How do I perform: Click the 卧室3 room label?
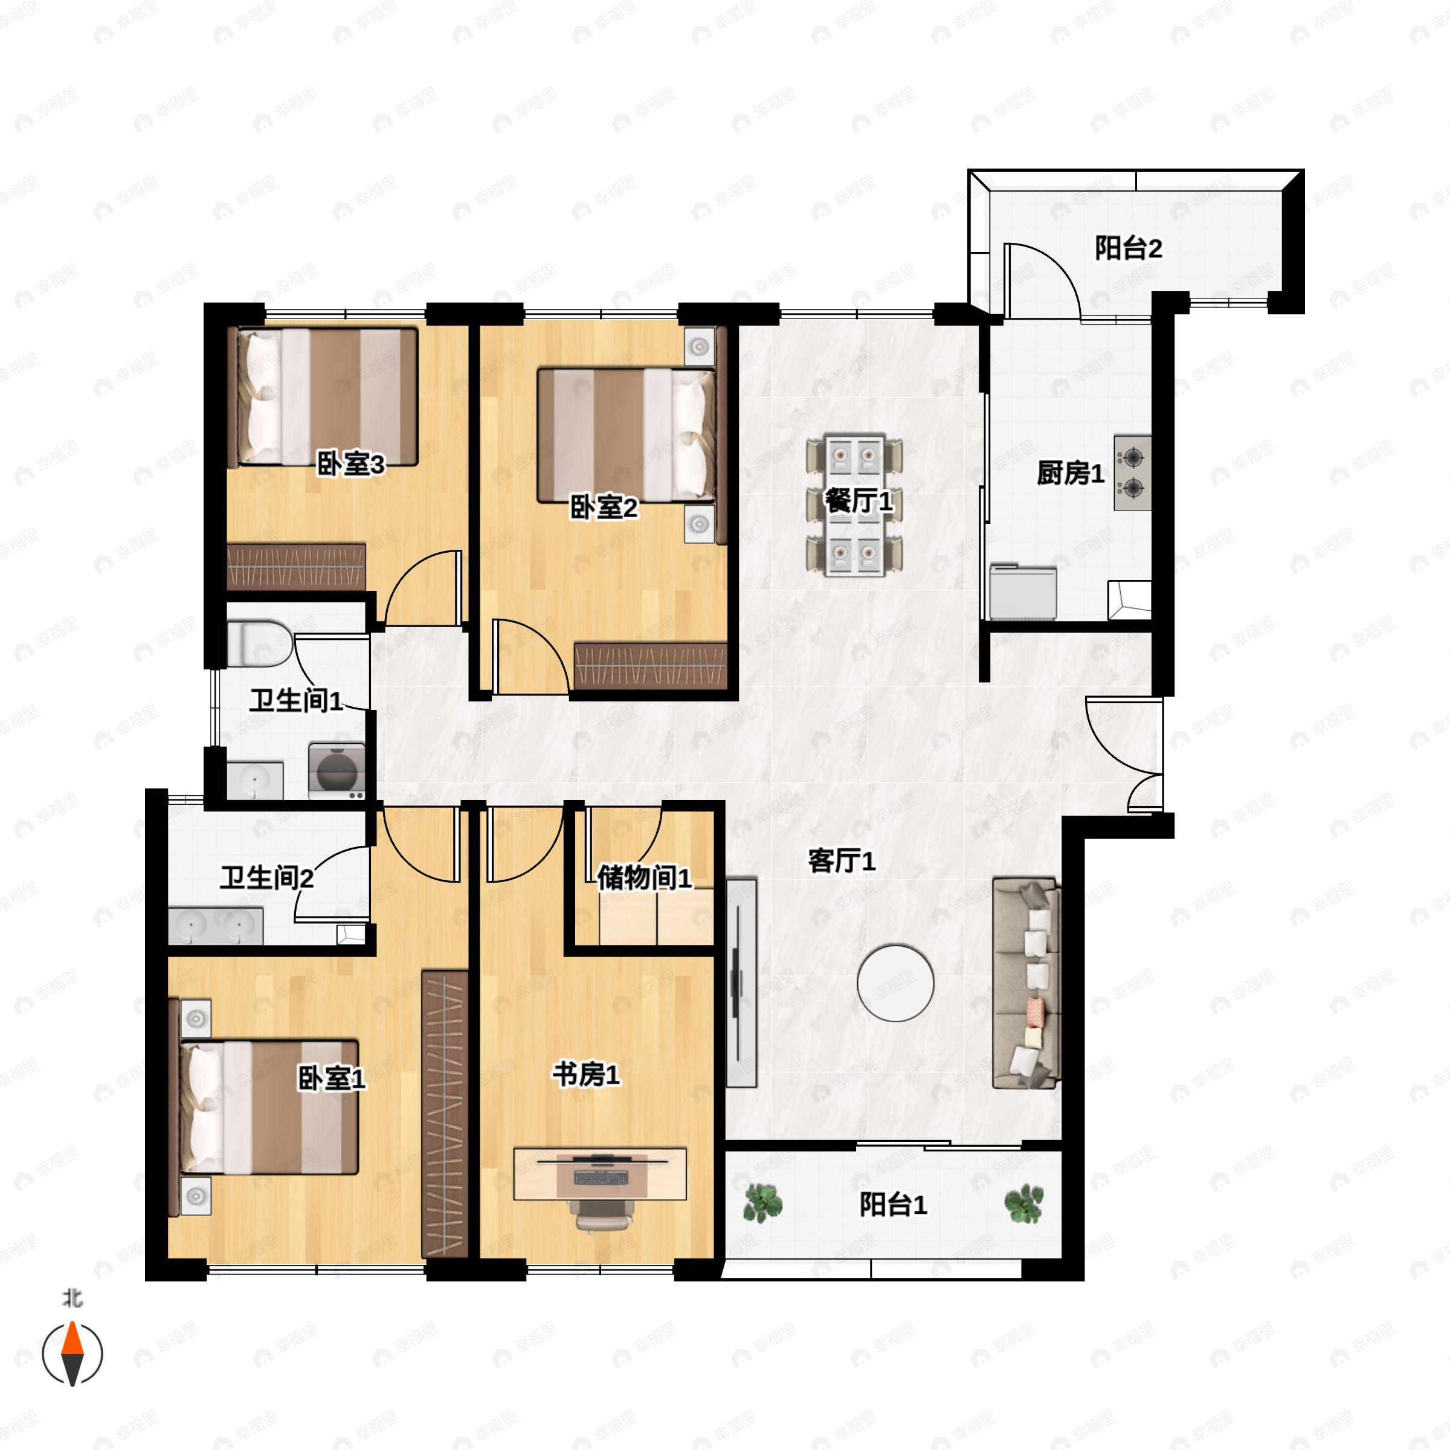click(x=350, y=465)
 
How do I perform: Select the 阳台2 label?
click(x=1128, y=248)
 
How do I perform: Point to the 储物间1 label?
click(x=645, y=877)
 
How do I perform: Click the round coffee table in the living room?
click(x=895, y=982)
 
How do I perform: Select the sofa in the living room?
click(x=1026, y=982)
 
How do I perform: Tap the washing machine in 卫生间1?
click(x=337, y=771)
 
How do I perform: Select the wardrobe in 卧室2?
click(x=651, y=666)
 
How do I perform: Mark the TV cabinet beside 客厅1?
click(x=741, y=982)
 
